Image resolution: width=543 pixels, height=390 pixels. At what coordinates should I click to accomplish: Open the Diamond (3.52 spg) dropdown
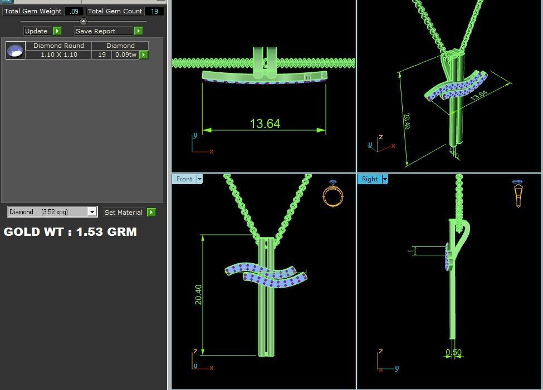[x=92, y=212]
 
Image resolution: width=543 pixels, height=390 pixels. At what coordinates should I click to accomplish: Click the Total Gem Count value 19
[x=154, y=11]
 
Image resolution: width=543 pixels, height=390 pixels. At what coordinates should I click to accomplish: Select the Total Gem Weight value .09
[x=74, y=11]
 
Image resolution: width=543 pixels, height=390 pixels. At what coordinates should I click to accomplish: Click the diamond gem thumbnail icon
[x=15, y=51]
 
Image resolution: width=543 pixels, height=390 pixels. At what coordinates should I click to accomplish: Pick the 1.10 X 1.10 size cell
[x=58, y=55]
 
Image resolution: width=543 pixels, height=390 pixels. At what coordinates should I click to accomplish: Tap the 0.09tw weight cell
[x=125, y=55]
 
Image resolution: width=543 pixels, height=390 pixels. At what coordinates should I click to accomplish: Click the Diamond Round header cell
[x=58, y=46]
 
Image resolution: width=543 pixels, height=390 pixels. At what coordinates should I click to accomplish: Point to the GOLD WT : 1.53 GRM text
[x=70, y=232]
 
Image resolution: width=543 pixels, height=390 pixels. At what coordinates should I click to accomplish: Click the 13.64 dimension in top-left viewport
[x=265, y=124]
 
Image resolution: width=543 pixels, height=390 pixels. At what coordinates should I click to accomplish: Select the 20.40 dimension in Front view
[x=198, y=294]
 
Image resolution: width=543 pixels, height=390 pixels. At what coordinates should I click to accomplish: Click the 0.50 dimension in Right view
[x=454, y=353]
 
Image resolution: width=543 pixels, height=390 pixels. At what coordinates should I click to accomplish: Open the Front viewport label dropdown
[x=199, y=179]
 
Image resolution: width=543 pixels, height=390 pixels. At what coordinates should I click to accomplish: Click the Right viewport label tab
[x=370, y=179]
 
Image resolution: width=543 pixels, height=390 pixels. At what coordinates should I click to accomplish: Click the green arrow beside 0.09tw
[x=144, y=55]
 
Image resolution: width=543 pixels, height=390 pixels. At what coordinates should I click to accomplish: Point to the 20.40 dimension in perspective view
[x=407, y=121]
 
